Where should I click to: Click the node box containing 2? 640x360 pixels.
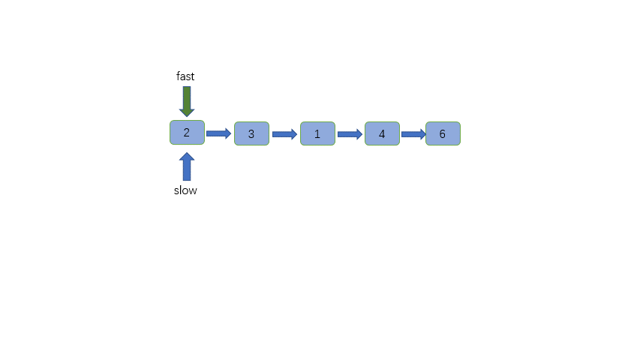coord(187,133)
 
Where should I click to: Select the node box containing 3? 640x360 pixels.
coord(251,133)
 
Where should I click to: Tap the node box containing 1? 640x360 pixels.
coord(317,133)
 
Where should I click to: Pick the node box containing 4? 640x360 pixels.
coord(382,133)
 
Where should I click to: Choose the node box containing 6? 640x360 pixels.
coord(443,133)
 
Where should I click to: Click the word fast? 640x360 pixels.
coord(185,76)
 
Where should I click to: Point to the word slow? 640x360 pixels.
coord(185,190)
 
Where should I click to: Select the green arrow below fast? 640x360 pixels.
coord(187,100)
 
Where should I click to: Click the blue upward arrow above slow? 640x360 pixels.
coord(187,166)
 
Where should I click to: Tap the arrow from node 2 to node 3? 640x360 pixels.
coord(218,133)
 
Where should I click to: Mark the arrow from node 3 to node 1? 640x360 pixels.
coord(284,134)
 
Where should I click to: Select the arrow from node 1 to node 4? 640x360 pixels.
coord(350,134)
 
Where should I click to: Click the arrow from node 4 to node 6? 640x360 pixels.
coord(413,134)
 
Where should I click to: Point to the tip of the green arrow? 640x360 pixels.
coord(187,115)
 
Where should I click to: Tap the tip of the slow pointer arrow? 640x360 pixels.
coord(187,154)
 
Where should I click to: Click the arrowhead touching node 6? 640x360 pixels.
coord(422,134)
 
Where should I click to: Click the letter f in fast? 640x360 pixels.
coord(178,76)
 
